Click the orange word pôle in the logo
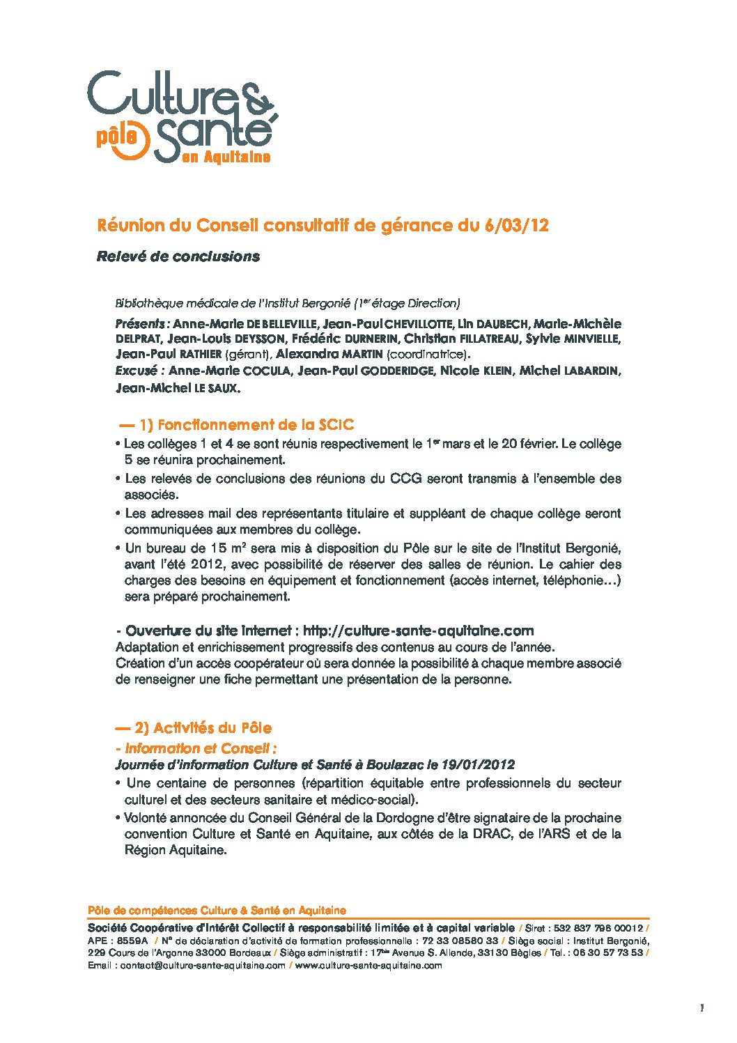point(116,137)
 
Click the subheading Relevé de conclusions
point(178,256)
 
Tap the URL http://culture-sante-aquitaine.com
point(419,631)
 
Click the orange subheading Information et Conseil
point(200,749)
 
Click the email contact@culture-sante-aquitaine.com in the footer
point(203,965)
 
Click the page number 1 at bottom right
point(701,1008)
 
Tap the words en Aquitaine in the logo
point(226,158)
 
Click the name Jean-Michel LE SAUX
point(178,388)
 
